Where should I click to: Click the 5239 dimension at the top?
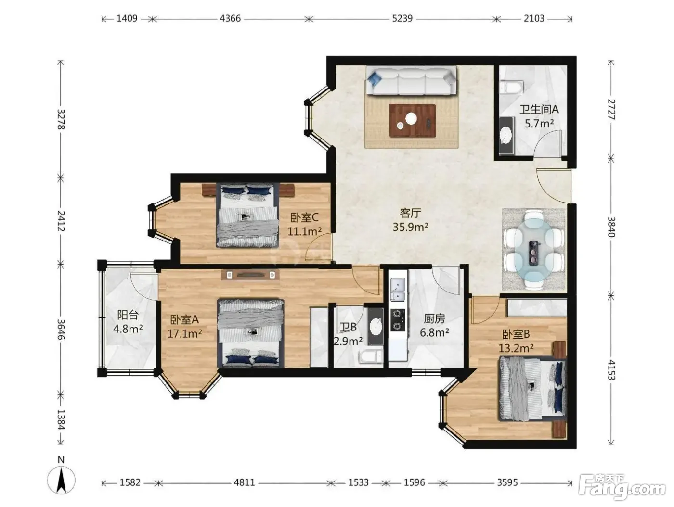coord(402,19)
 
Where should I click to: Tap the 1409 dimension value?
coord(127,19)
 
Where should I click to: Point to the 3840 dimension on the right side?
coord(611,227)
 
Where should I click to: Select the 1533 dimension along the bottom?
coord(358,483)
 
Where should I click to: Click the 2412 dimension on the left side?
coord(61,221)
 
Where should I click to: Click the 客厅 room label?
coord(410,213)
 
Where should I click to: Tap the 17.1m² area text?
coord(184,333)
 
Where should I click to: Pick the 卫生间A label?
coord(539,110)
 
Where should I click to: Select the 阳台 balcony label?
coord(128,315)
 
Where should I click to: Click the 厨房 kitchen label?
coord(434,319)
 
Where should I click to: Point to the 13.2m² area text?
coord(516,348)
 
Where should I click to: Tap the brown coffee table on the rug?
coord(412,120)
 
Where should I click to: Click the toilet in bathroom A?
coord(510,87)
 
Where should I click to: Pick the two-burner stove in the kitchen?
coord(398,320)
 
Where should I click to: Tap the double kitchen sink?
coord(398,289)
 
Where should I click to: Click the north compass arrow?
coord(62,482)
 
